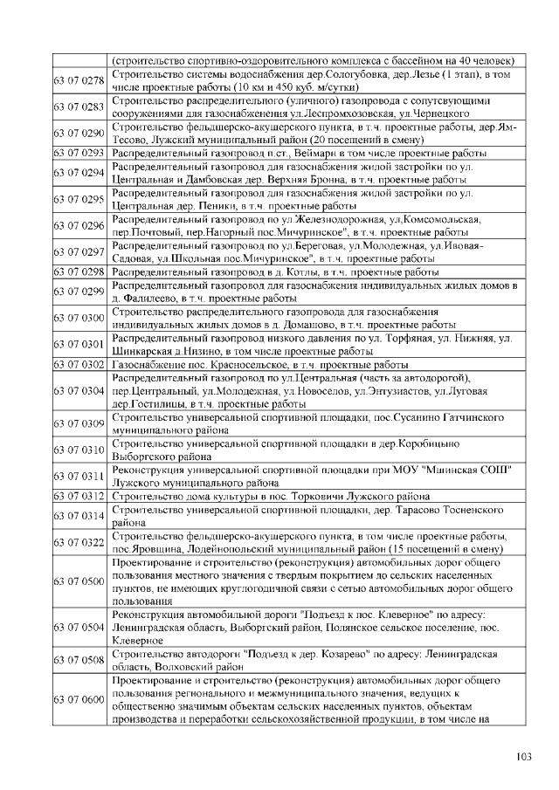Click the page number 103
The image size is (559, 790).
524,756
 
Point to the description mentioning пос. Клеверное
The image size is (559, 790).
305,628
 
